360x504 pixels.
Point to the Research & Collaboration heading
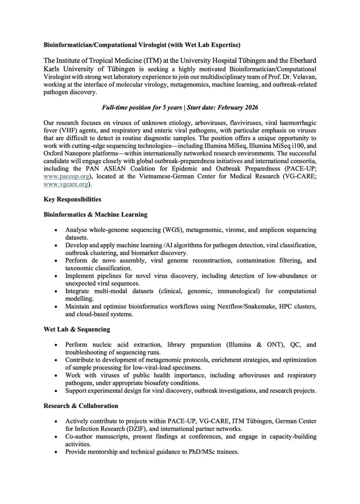coord(81,406)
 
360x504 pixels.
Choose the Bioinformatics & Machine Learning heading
coord(95,215)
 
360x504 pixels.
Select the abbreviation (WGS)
coord(171,230)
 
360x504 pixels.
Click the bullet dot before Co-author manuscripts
coord(56,437)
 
